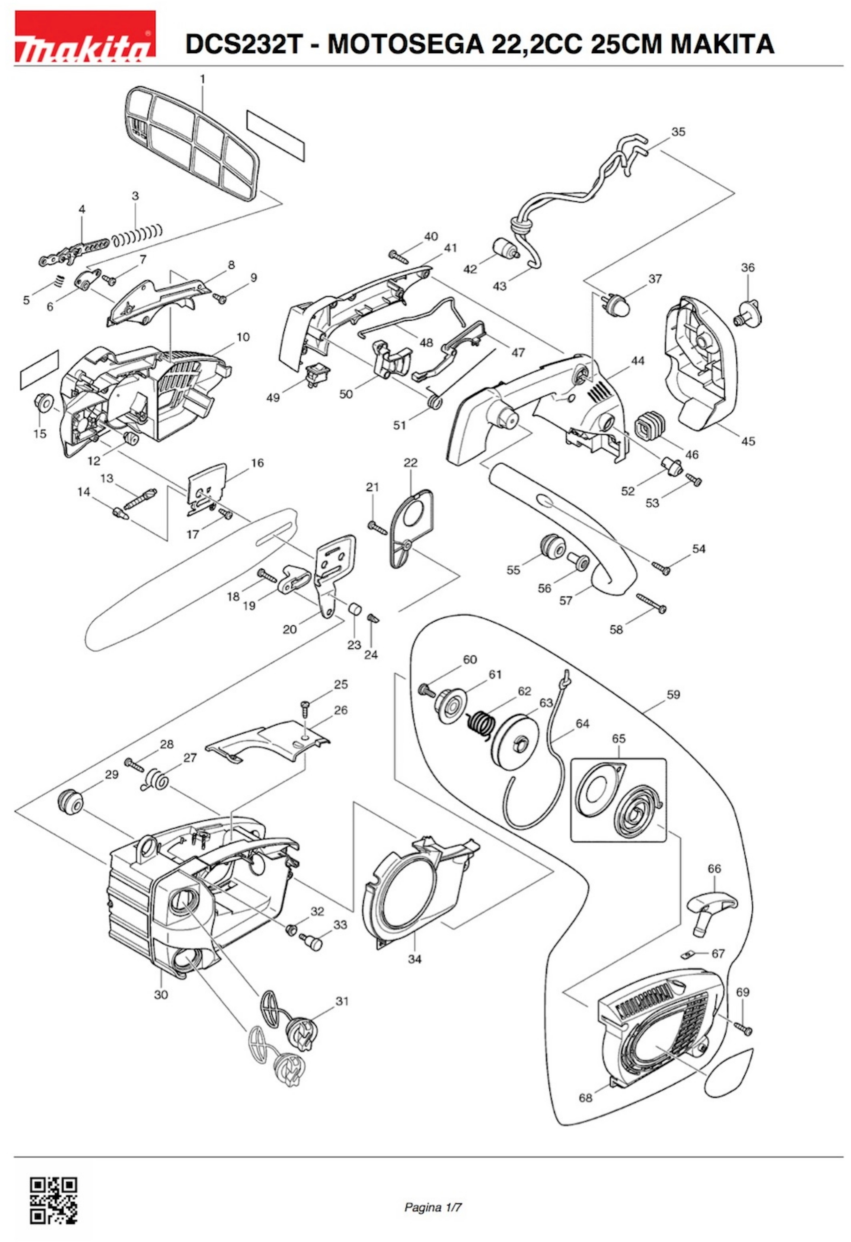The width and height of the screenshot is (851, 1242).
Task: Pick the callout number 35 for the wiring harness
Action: [x=678, y=132]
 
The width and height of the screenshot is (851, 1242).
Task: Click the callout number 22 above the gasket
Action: [x=411, y=463]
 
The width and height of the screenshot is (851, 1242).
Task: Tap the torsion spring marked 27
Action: [x=158, y=781]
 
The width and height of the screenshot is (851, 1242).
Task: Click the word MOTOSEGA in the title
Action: [x=405, y=44]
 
